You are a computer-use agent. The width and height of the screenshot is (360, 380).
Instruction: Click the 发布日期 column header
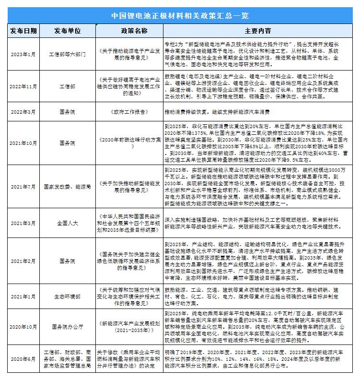(x=23, y=31)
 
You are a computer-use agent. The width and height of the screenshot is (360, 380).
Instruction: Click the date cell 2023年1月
(x=23, y=54)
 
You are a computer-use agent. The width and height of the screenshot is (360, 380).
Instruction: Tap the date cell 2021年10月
(x=23, y=142)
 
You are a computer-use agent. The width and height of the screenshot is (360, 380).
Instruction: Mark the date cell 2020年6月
(x=23, y=358)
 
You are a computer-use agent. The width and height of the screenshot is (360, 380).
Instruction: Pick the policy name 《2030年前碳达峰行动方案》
(x=126, y=142)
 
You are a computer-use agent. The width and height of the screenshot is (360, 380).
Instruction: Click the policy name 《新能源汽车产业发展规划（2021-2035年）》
(x=126, y=327)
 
